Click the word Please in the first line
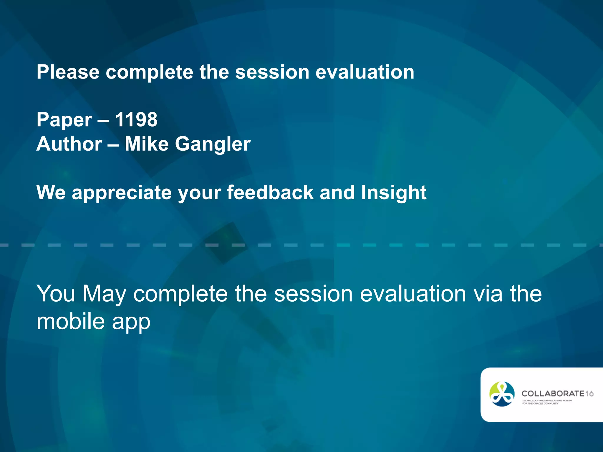pos(68,72)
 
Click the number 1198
pos(136,120)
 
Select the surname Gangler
pos(213,144)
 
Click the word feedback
pos(270,192)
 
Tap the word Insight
pos(394,193)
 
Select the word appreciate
pos(122,193)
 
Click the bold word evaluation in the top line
pos(365,72)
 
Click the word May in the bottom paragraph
pos(104,294)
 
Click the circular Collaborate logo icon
pos(502,394)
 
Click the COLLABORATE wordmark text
pos(553,393)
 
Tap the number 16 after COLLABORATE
pos(589,394)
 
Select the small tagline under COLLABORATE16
pos(547,402)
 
